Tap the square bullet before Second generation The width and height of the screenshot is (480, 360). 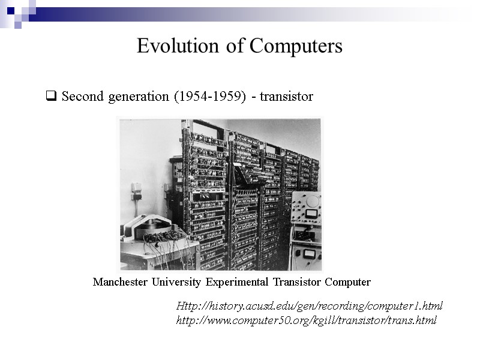pyautogui.click(x=51, y=96)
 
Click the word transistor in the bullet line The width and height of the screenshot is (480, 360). pyautogui.click(x=286, y=96)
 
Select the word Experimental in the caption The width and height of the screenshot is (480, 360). pyautogui.click(x=237, y=282)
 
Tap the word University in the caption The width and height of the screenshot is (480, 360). pyautogui.click(x=177, y=282)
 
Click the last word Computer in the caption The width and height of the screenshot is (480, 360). pyautogui.click(x=348, y=282)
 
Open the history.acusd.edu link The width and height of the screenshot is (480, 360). pyautogui.click(x=309, y=306)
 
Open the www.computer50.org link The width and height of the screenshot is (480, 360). pyautogui.click(x=306, y=320)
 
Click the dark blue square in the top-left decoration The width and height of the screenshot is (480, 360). pyautogui.click(x=10, y=10)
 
